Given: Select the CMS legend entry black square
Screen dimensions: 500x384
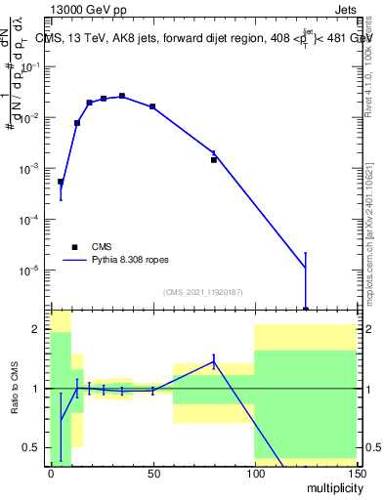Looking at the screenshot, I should pos(74,247).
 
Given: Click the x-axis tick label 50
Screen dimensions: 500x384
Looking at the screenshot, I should pos(152,472).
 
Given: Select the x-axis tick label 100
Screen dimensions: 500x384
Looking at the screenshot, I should pos(254,472).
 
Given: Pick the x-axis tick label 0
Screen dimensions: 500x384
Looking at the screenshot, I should pos(51,472).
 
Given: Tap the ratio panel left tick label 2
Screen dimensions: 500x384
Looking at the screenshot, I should pos(36,329).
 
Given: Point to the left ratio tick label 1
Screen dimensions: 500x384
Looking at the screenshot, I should pos(36,389).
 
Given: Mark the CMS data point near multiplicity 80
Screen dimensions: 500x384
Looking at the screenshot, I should pos(213,159).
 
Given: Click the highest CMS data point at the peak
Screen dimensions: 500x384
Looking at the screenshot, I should pos(122,96).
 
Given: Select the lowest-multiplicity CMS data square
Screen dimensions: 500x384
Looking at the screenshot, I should pos(61,182).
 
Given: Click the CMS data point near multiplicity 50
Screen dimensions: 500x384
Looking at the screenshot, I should pos(152,106).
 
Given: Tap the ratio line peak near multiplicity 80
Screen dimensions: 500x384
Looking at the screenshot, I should pos(213,362).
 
